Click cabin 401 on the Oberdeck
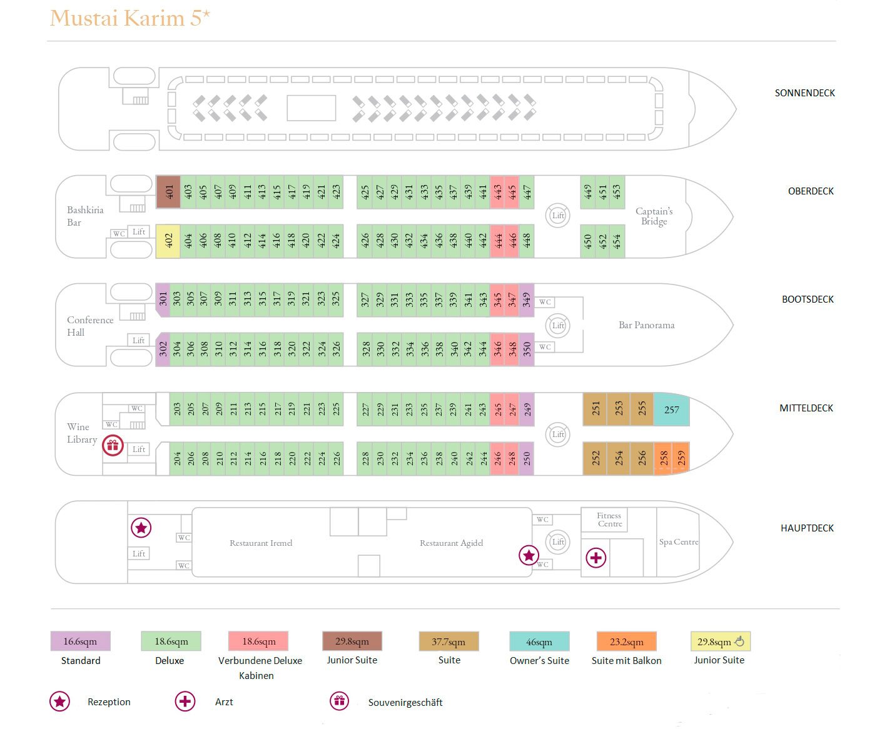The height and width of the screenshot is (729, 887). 168,191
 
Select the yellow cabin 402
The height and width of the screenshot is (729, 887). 168,241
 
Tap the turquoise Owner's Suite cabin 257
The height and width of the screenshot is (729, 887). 671,410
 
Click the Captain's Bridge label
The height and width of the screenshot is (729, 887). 654,216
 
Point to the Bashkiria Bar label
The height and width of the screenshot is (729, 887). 85,216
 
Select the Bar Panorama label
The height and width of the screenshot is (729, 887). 646,325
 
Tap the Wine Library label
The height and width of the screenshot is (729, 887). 81,433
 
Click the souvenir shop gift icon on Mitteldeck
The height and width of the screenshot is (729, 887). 113,446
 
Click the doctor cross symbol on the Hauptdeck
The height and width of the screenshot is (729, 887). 596,558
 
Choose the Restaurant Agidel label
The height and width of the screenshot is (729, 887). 451,543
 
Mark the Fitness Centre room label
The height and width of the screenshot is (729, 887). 609,520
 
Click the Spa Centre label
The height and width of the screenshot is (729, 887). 678,542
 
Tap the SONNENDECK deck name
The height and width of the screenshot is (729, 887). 804,93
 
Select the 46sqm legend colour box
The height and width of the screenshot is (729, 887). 539,641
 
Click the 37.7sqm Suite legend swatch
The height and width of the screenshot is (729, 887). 449,641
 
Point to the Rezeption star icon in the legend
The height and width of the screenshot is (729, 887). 60,701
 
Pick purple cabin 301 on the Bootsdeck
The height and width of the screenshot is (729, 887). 163,299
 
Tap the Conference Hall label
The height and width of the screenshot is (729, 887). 90,326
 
